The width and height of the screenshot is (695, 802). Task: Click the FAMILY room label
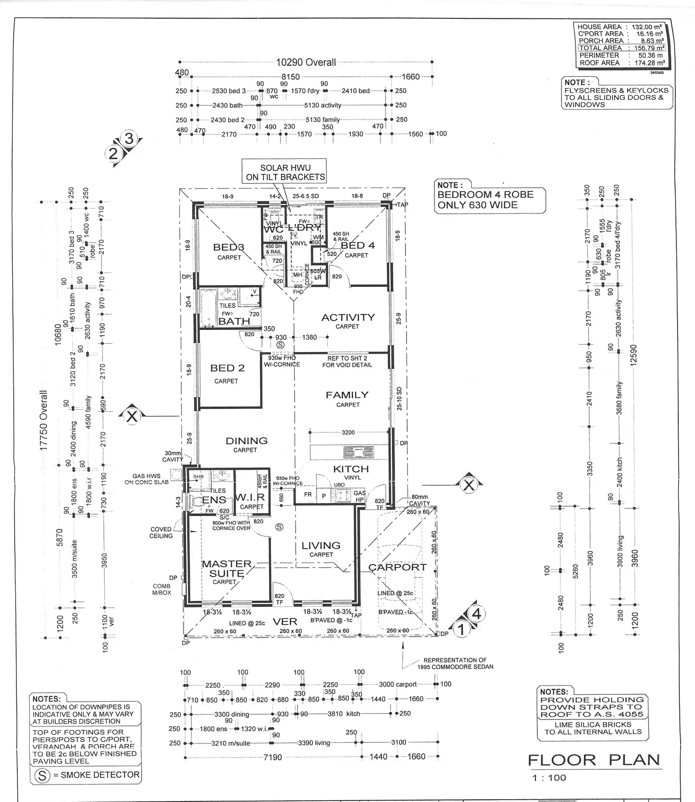[x=347, y=395]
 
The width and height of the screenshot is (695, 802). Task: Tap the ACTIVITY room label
[x=348, y=318]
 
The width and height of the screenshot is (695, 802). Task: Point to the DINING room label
[x=246, y=441]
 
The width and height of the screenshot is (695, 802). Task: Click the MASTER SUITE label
[x=227, y=569]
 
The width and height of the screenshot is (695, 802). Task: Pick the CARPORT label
[x=398, y=567]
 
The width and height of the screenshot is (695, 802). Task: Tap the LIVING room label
[x=321, y=546]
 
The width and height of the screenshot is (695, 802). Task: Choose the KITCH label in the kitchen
[x=351, y=469]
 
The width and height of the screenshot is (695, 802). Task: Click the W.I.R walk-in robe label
[x=250, y=498]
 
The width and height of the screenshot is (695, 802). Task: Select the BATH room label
[x=234, y=321]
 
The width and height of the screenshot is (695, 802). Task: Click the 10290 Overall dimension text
[x=306, y=62]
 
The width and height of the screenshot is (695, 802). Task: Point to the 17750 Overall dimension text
[x=44, y=421]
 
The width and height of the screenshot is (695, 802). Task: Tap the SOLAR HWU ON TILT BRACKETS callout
[x=286, y=172]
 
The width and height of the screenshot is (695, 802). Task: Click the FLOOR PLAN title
[x=593, y=760]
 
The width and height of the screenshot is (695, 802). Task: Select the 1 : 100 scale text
[x=549, y=778]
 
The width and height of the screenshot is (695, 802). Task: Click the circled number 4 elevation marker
[x=477, y=614]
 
